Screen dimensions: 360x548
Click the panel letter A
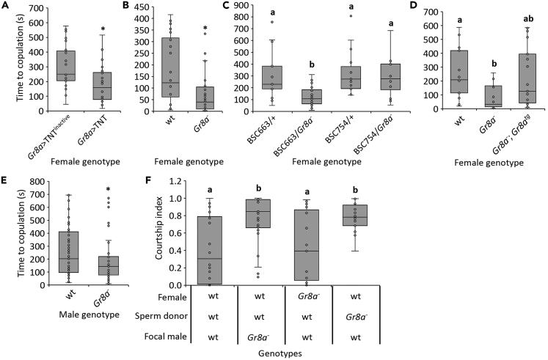click(x=5, y=6)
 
